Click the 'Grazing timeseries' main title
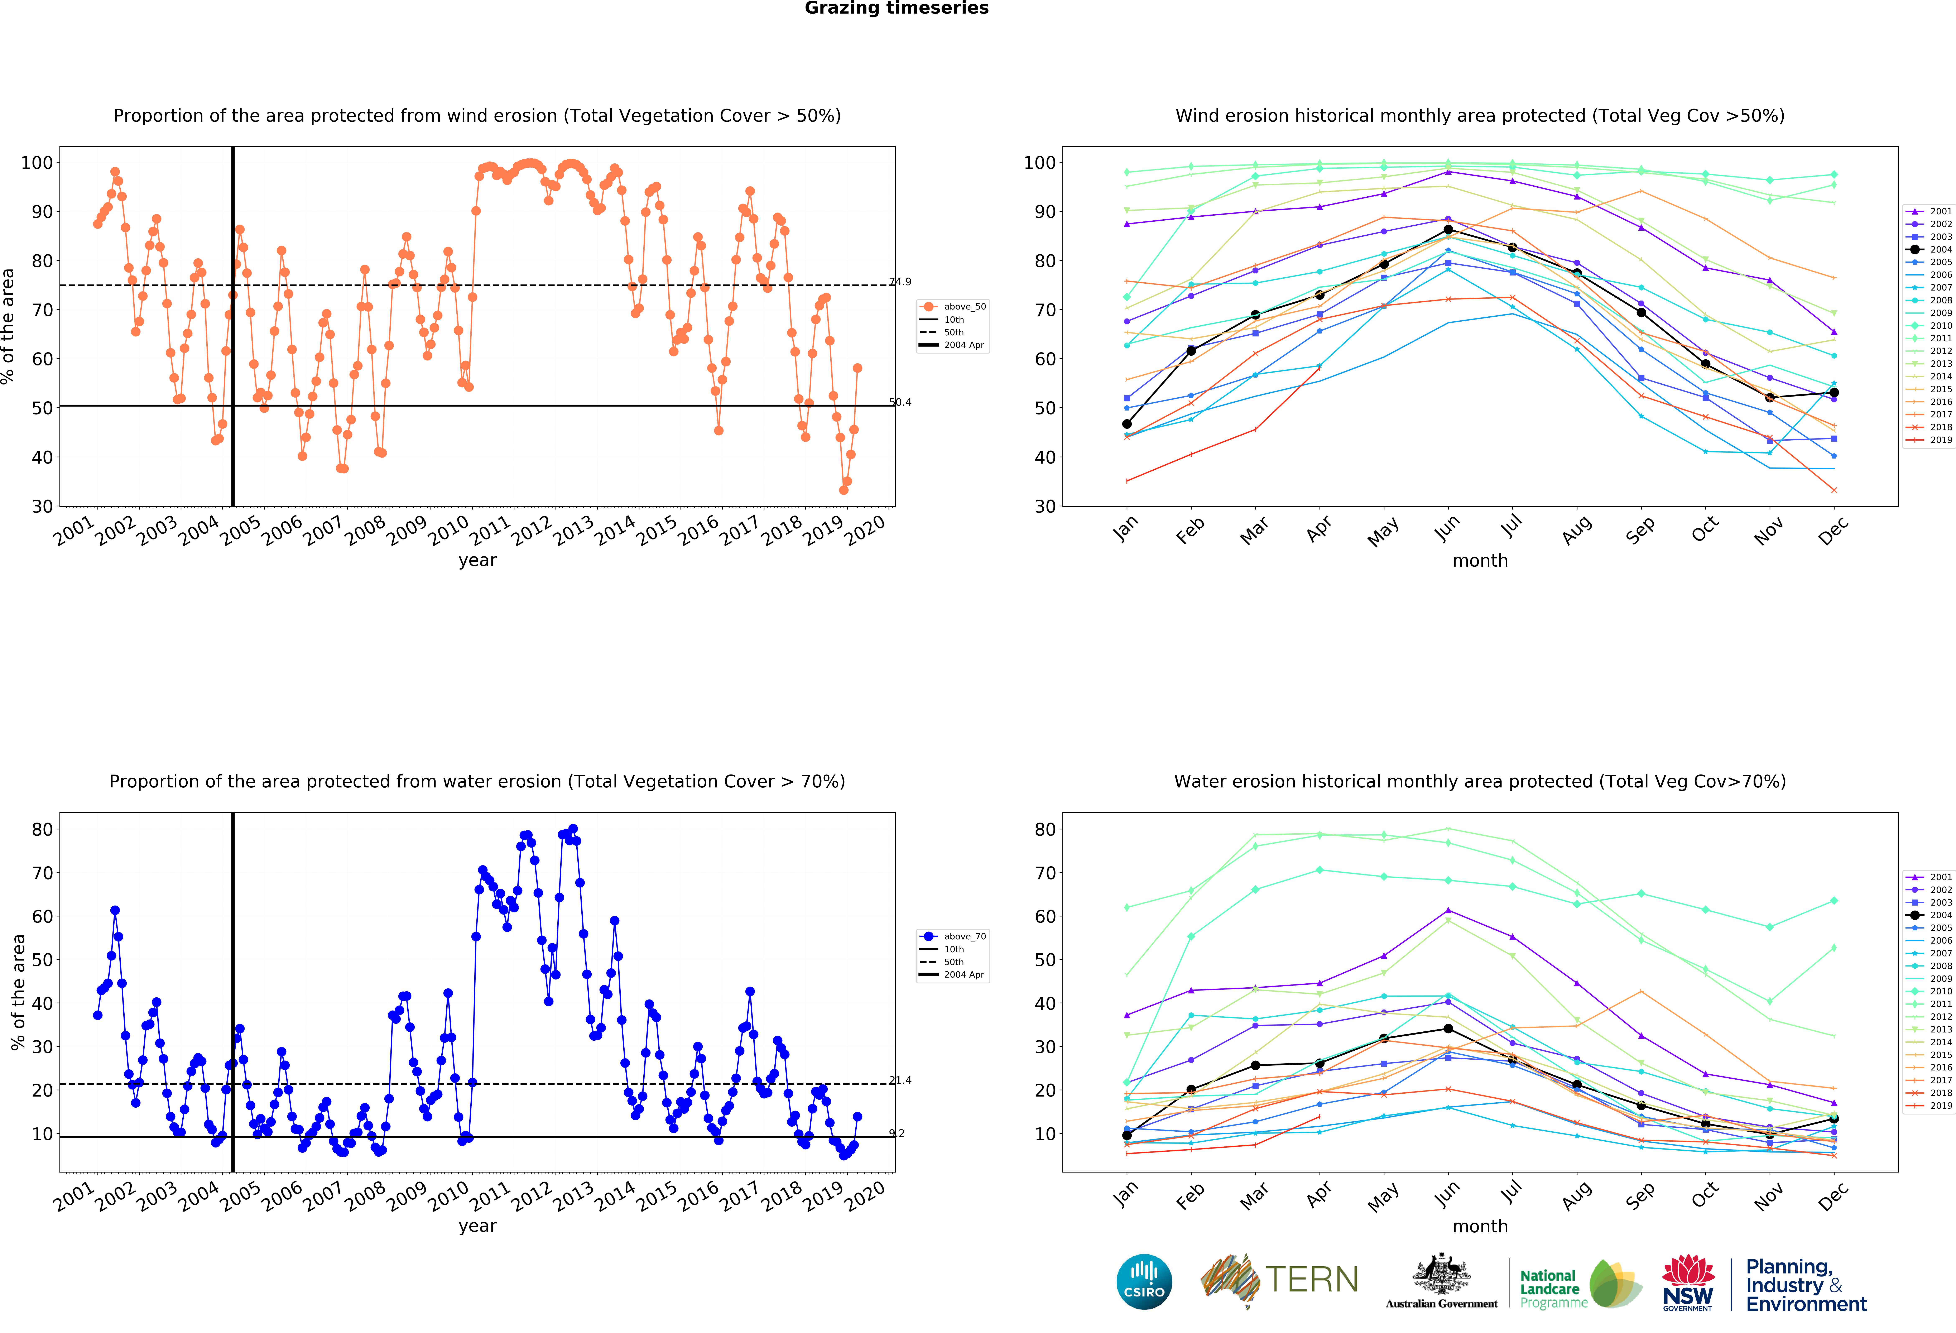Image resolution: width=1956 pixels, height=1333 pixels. coord(896,8)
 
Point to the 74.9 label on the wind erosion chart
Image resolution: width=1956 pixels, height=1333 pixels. coord(900,282)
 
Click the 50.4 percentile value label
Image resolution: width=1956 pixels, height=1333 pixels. coord(900,402)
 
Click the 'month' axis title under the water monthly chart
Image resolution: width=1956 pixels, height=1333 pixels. coord(1480,1226)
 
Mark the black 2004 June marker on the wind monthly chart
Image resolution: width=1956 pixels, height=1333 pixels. coord(1448,230)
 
